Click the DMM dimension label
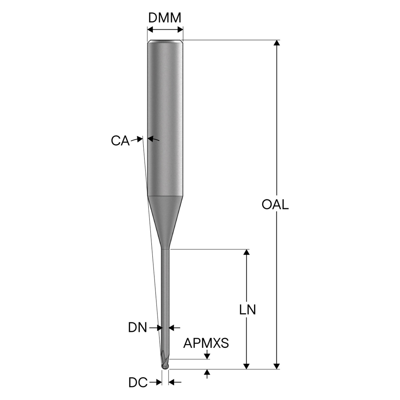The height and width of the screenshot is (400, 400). [165, 18]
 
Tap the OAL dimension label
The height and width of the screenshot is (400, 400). [275, 204]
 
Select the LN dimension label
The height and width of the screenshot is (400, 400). [247, 310]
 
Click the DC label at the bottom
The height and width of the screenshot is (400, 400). [138, 382]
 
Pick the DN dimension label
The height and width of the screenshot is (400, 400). [137, 328]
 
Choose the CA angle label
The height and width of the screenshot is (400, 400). [120, 141]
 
